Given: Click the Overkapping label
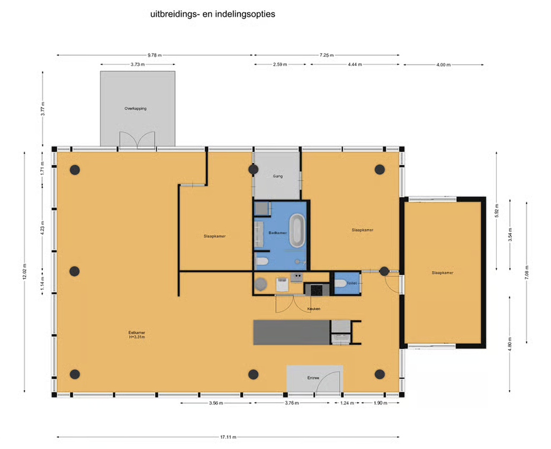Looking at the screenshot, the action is pos(135,108).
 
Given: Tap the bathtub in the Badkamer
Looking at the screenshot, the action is pos(297,231).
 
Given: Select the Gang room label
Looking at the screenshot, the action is pos(277,176).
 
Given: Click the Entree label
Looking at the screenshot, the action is pos(313,378).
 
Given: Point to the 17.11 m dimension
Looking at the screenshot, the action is pos(228,437).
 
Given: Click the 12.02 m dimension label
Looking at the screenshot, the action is pos(24,271).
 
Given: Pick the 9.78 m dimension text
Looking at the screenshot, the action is pos(155,55).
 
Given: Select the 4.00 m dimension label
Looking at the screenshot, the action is pos(443,65).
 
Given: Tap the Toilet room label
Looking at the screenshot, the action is pos(351,283).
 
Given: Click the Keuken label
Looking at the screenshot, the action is pos(314,309).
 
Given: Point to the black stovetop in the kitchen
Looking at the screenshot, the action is pos(316,290).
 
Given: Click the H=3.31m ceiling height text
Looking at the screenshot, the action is pos(137,337).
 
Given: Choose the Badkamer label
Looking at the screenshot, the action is pos(277,233).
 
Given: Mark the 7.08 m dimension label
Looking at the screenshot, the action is pos(526,273).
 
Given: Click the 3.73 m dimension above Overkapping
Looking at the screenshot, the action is pos(137,65).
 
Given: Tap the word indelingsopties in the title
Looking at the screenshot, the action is pos(245,14).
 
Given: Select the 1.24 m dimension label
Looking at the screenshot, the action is pos(347,403).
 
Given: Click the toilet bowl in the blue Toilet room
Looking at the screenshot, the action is pos(340,283).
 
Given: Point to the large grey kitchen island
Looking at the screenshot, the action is pos(292,333).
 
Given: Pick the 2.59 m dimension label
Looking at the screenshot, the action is pos(280,65).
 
